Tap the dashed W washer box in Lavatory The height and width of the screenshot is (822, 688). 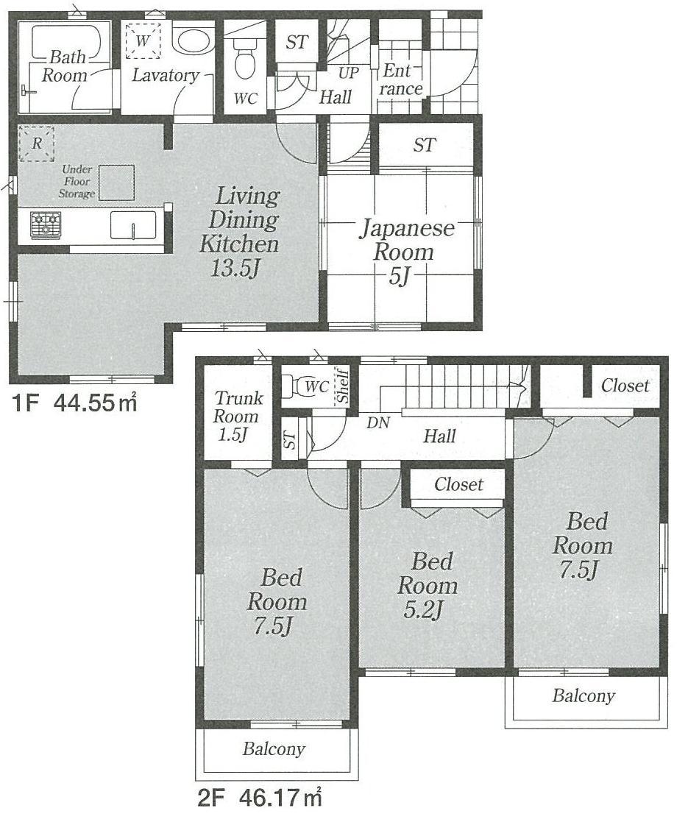[141, 41]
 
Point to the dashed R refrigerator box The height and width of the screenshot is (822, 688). [36, 144]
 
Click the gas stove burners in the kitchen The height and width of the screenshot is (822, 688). [45, 224]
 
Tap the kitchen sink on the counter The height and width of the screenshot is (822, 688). [133, 224]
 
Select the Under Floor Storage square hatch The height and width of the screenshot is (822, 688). [117, 183]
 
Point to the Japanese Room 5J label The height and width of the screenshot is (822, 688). [405, 252]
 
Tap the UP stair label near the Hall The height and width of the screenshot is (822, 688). [348, 74]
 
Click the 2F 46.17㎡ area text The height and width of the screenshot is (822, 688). [260, 798]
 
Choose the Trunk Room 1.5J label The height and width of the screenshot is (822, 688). [238, 417]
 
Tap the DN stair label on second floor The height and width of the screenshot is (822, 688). [379, 423]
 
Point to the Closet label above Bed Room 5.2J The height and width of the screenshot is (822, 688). [458, 484]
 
